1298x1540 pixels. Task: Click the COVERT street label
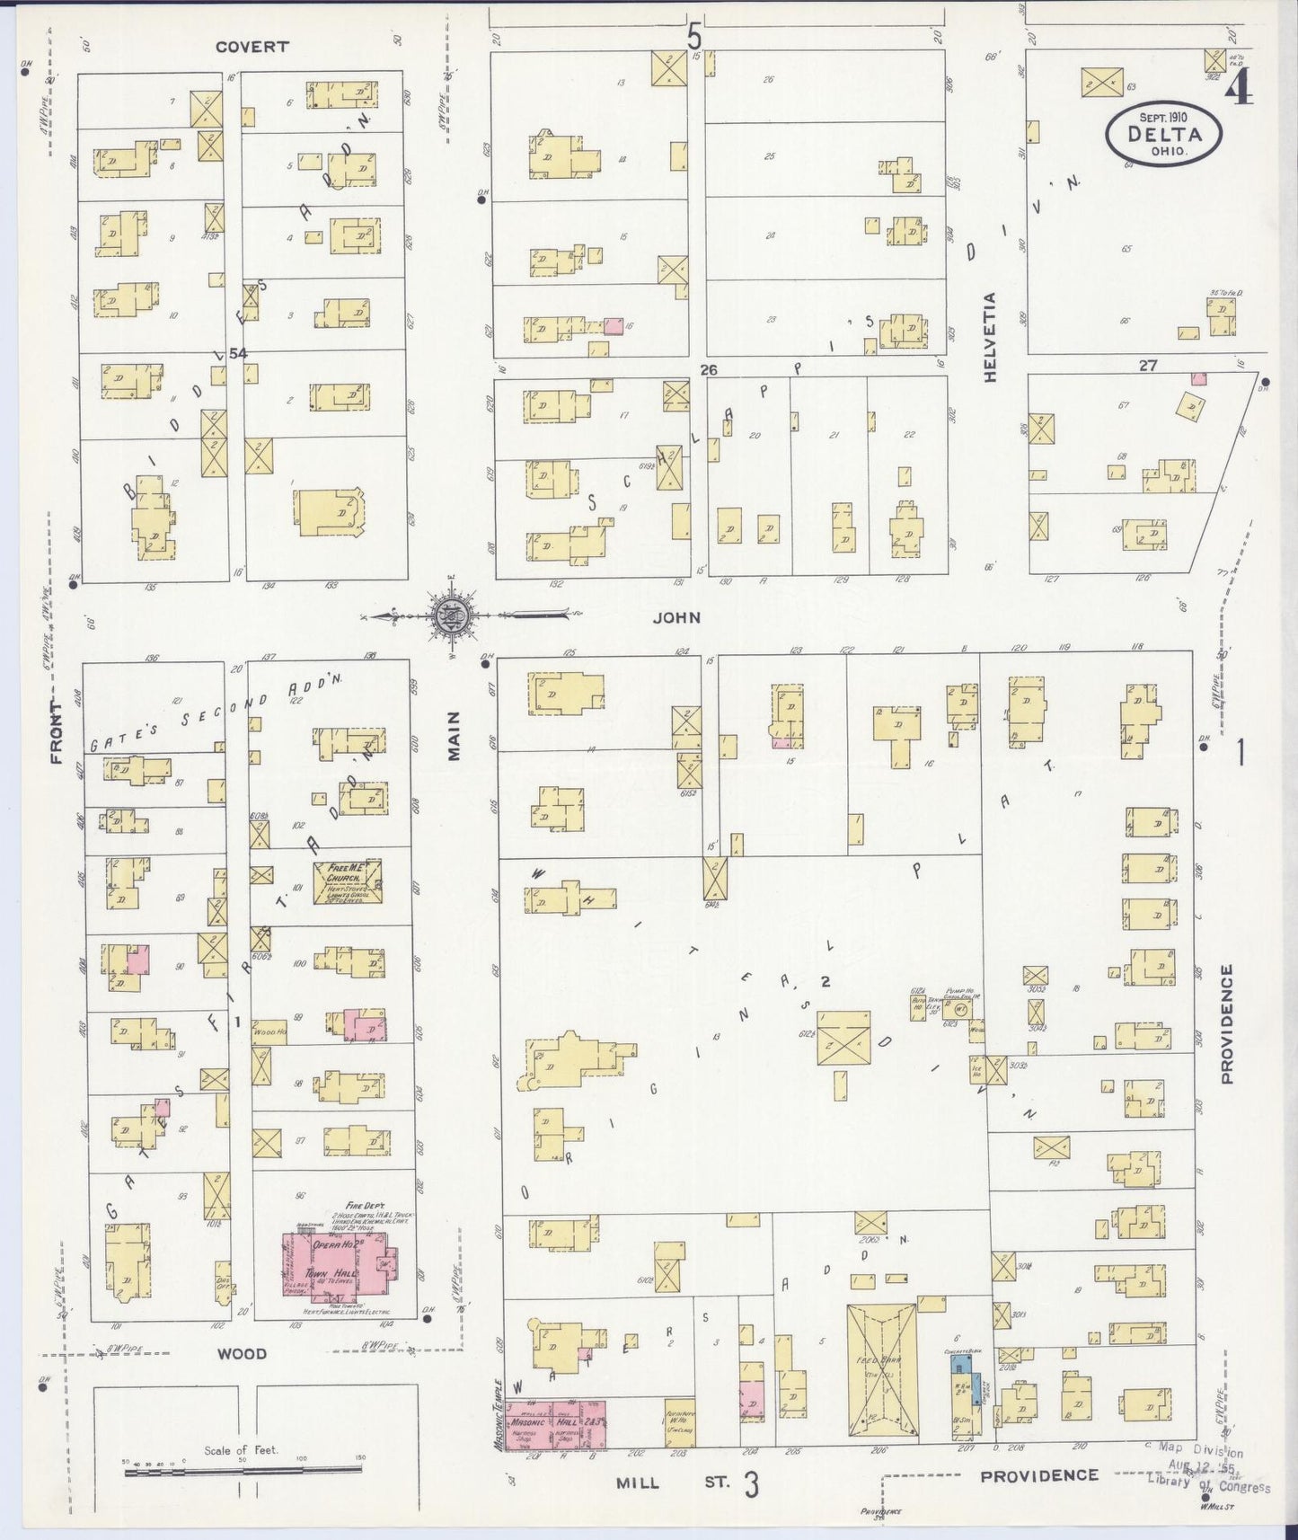252,47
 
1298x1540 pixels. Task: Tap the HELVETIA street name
991,338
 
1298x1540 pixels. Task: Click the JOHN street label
676,617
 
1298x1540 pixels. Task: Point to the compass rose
448,616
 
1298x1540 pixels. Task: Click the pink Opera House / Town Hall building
338,1268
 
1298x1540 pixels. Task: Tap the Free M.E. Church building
348,881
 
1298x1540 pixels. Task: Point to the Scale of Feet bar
243,1470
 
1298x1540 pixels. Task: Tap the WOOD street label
243,1353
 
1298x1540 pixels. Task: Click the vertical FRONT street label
57,732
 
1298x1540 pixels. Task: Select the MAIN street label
454,735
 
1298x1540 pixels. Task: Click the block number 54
237,354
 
